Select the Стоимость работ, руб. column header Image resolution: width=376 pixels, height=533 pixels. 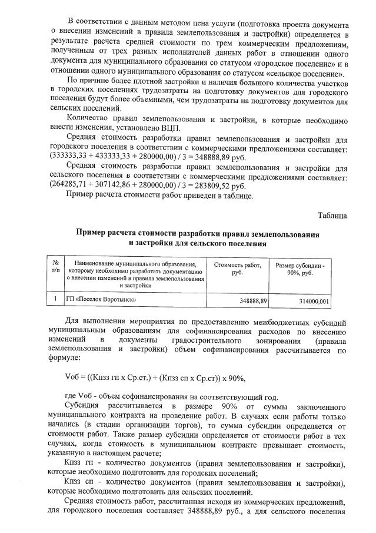click(x=237, y=269)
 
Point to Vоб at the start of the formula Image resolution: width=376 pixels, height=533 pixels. click(x=73, y=378)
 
